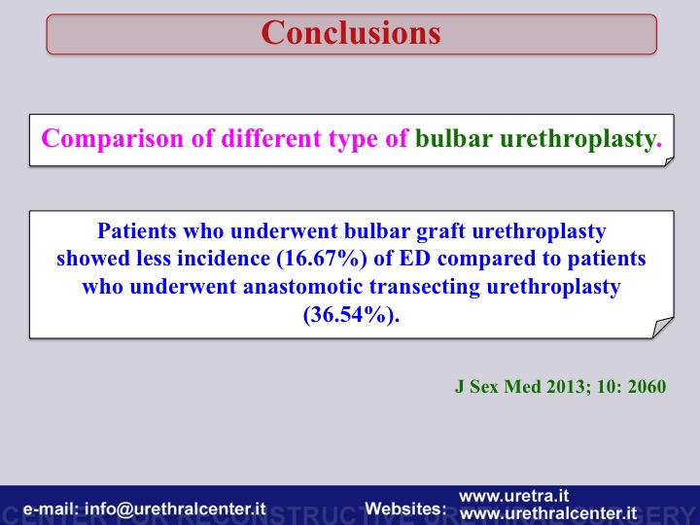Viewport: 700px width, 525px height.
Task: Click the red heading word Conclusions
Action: coord(351,33)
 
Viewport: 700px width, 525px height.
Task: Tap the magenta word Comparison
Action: coord(113,139)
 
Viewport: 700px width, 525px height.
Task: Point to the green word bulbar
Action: coord(454,138)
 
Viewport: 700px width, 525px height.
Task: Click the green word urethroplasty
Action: coord(580,139)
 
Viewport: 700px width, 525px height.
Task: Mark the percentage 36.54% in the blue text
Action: coord(351,315)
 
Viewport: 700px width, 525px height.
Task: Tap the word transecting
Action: coord(425,288)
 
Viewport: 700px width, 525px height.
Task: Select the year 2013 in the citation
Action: coord(569,387)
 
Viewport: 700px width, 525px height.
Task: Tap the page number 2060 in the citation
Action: coord(647,387)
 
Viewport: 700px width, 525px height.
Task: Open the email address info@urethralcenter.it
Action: coord(175,508)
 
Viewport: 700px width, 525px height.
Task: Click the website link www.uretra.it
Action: coord(514,496)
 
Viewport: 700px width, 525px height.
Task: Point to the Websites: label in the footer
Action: coord(405,508)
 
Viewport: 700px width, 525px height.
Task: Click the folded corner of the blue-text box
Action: coord(662,328)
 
